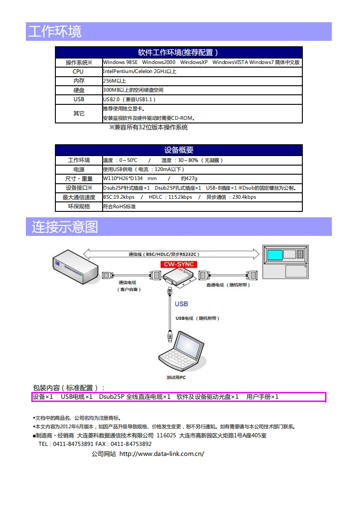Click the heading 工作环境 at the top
pos(55,32)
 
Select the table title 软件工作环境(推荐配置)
pos(178,52)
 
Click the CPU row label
pos(78,71)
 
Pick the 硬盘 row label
pos(79,90)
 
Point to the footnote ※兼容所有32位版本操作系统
pos(148,127)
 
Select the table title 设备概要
pos(178,150)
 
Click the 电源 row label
pos(79,169)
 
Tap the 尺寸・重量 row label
pos(79,179)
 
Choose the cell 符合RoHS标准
pos(119,206)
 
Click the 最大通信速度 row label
pos(79,197)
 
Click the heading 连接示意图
pos(65,227)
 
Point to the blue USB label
pos(181,304)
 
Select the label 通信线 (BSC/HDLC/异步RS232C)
pos(165,254)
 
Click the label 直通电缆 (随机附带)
pos(228,285)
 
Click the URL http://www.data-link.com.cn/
pos(162,454)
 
